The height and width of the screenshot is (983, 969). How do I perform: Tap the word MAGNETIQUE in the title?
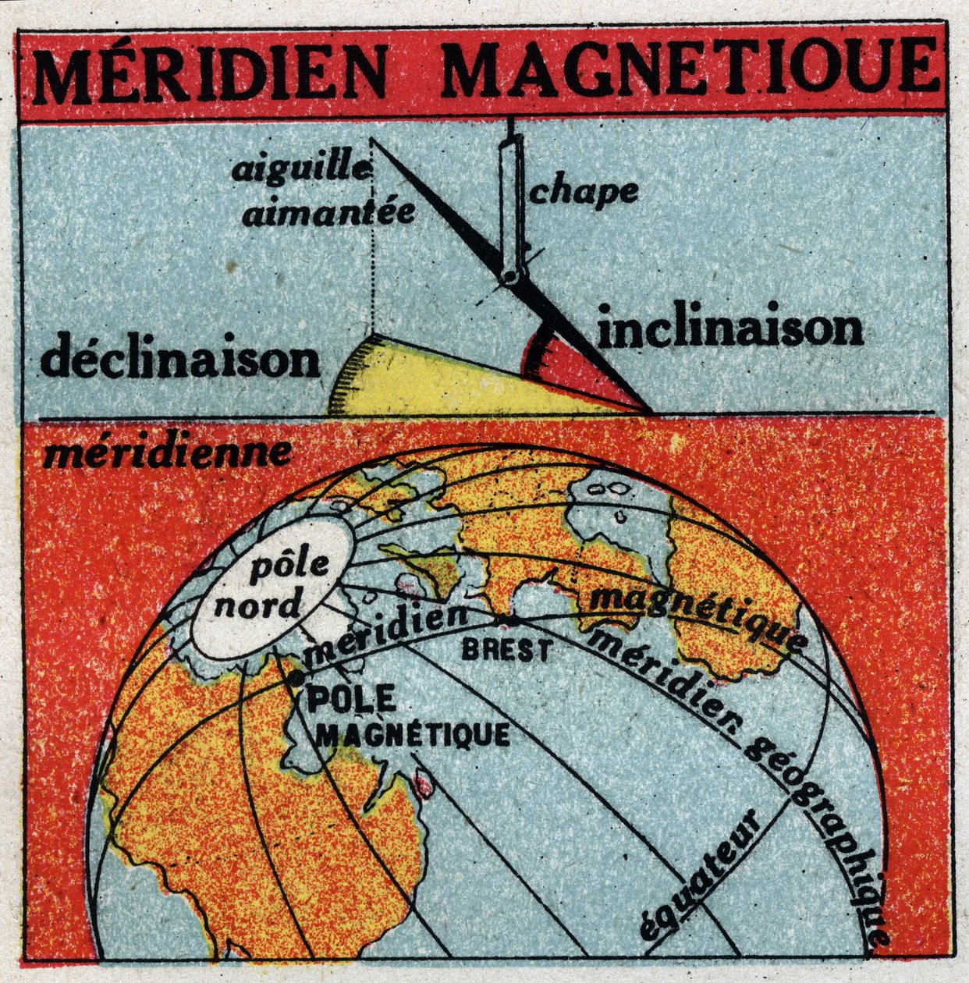coord(691,68)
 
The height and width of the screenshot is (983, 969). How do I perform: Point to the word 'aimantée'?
coord(328,212)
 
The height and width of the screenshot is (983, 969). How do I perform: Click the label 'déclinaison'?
coord(181,360)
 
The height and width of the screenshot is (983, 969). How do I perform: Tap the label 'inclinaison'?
coord(732,331)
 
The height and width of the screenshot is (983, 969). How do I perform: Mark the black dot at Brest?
coord(511,620)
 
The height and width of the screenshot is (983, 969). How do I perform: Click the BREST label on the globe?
coord(505,649)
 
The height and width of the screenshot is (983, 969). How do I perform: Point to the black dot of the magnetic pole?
coord(294,679)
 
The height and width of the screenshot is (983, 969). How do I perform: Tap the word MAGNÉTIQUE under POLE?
coord(416,734)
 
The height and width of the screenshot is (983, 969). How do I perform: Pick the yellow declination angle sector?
coord(437,382)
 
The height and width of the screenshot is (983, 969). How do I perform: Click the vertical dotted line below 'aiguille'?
coord(374,257)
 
